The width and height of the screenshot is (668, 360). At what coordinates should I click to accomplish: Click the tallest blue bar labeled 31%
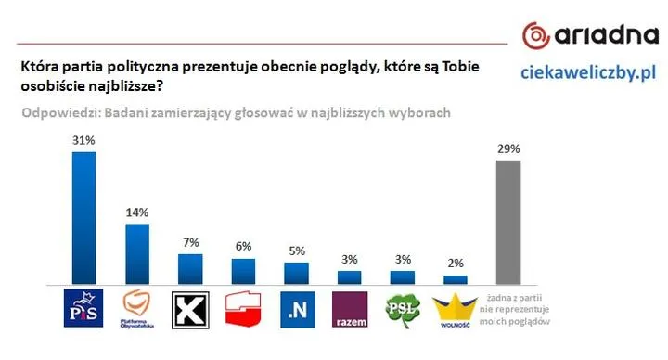(83, 217)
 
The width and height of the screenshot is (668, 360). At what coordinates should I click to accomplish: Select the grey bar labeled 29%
(508, 222)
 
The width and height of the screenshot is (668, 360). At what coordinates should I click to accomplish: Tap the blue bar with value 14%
(137, 253)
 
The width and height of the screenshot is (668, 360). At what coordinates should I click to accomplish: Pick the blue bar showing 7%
(190, 268)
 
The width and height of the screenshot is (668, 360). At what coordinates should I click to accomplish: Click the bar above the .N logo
(296, 273)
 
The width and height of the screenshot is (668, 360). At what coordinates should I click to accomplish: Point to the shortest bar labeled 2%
(456, 278)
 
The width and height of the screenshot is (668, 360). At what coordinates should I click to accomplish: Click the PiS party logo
(83, 309)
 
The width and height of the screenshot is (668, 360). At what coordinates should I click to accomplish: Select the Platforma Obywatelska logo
(137, 310)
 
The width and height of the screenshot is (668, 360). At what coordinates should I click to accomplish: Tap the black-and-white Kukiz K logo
(190, 309)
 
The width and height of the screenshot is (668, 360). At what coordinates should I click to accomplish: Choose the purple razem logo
(349, 309)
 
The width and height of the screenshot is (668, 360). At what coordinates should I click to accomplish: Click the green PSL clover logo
(403, 308)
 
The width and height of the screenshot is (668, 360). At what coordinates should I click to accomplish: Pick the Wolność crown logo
(456, 309)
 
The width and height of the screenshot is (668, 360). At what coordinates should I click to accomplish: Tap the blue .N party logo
(296, 309)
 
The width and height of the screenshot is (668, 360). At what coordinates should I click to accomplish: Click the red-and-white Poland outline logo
(243, 309)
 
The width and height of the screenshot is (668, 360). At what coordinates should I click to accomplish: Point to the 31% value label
(83, 139)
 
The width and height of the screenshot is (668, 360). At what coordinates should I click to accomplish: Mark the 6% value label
(243, 247)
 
